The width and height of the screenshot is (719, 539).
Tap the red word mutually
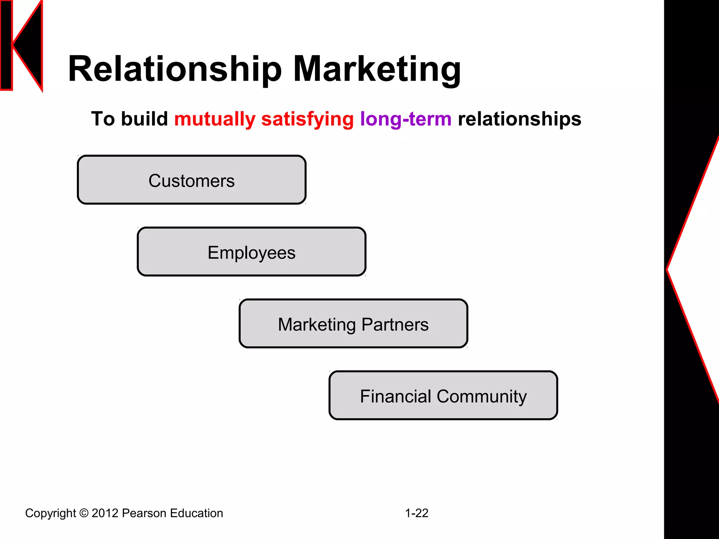pyautogui.click(x=215, y=119)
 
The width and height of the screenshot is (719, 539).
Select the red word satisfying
pyautogui.click(x=307, y=119)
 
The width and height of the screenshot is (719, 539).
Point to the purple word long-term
pyautogui.click(x=405, y=119)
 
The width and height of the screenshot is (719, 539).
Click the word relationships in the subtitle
pyautogui.click(x=520, y=119)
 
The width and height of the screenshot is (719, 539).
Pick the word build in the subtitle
pyautogui.click(x=144, y=119)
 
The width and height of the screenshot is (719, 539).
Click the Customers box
pyautogui.click(x=192, y=180)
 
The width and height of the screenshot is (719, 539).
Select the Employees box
pyautogui.click(x=251, y=252)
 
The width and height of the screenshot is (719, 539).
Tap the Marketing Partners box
pyautogui.click(x=353, y=324)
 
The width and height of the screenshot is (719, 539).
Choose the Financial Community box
pyautogui.click(x=443, y=395)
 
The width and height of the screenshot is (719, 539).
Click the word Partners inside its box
pyautogui.click(x=395, y=325)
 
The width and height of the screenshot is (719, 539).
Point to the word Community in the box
pyautogui.click(x=482, y=397)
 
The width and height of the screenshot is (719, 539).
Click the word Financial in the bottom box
pyautogui.click(x=395, y=397)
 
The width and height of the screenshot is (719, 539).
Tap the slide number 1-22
pyautogui.click(x=417, y=513)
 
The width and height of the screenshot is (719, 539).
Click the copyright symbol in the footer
pyautogui.click(x=84, y=513)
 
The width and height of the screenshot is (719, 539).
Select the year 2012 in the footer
pyautogui.click(x=105, y=513)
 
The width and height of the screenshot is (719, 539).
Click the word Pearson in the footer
pyautogui.click(x=144, y=513)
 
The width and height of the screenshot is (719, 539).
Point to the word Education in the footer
pyautogui.click(x=197, y=513)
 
